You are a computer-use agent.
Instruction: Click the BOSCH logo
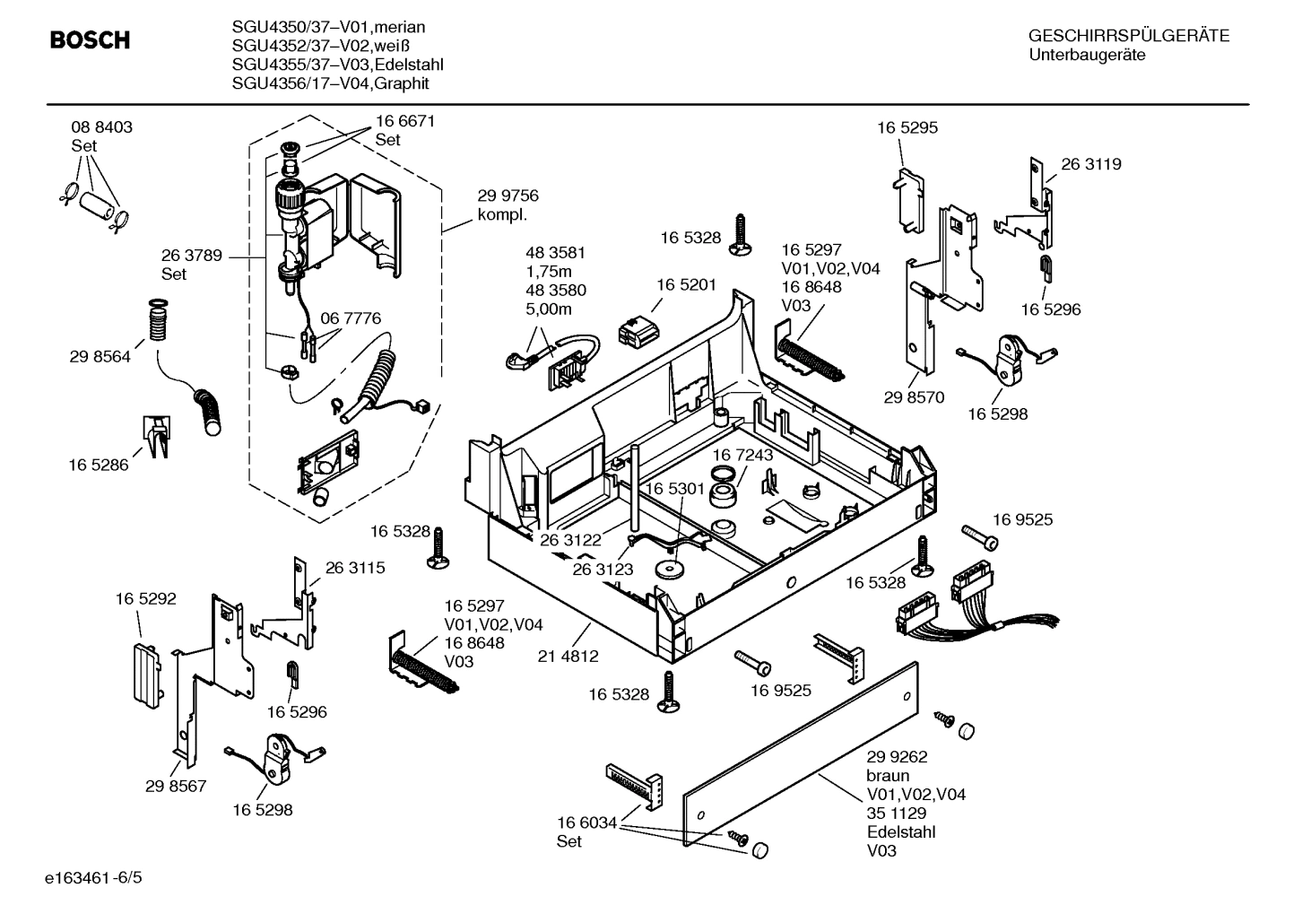pos(90,40)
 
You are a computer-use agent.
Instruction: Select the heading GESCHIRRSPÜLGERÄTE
pos(1128,36)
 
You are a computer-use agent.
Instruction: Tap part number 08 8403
pos(101,127)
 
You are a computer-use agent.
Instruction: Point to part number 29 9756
pos(508,196)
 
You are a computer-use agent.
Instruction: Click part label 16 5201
pos(686,284)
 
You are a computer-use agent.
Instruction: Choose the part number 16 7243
pos(742,456)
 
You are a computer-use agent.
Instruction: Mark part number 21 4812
pos(568,657)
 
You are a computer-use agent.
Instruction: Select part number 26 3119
pos(1091,164)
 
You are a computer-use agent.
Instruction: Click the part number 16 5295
pos(907,127)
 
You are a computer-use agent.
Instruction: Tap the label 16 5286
pos(99,465)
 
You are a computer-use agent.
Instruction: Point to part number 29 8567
pos(176,787)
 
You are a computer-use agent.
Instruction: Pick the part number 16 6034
pos(586,823)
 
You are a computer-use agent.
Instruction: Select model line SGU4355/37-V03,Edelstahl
pos(337,65)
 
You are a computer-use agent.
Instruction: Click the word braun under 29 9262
pos(888,776)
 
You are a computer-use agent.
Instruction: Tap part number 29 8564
pos(100,357)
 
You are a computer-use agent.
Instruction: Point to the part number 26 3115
pos(355,568)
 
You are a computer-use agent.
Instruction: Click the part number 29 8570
pos(914,397)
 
